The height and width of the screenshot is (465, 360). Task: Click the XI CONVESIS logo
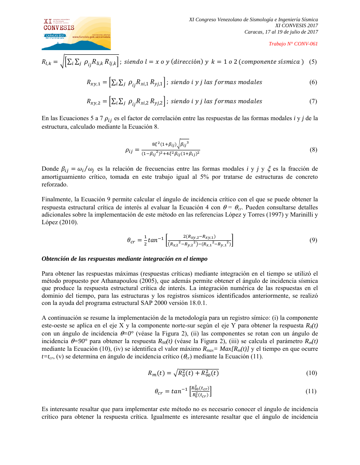pyautogui.click(x=77, y=33)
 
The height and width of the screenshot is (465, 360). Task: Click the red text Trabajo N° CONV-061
pyautogui.click(x=293, y=44)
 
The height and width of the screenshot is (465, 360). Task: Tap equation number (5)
pyautogui.click(x=313, y=62)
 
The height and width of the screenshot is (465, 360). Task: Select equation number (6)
pyautogui.click(x=313, y=82)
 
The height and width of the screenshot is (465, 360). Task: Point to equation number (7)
pyautogui.click(x=313, y=101)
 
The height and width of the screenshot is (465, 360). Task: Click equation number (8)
pyautogui.click(x=313, y=149)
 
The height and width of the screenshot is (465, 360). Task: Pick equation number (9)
pyautogui.click(x=313, y=240)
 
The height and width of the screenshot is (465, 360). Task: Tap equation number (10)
pyautogui.click(x=312, y=373)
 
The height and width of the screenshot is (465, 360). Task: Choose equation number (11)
pyautogui.click(x=312, y=391)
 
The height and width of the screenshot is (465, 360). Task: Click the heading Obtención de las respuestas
pyautogui.click(x=125, y=259)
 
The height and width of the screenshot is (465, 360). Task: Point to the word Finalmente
pyautogui.click(x=56, y=199)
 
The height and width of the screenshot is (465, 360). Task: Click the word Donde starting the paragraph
pyautogui.click(x=50, y=169)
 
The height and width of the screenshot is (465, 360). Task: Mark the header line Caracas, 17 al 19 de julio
pyautogui.click(x=281, y=32)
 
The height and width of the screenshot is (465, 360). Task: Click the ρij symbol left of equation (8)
pyautogui.click(x=130, y=150)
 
